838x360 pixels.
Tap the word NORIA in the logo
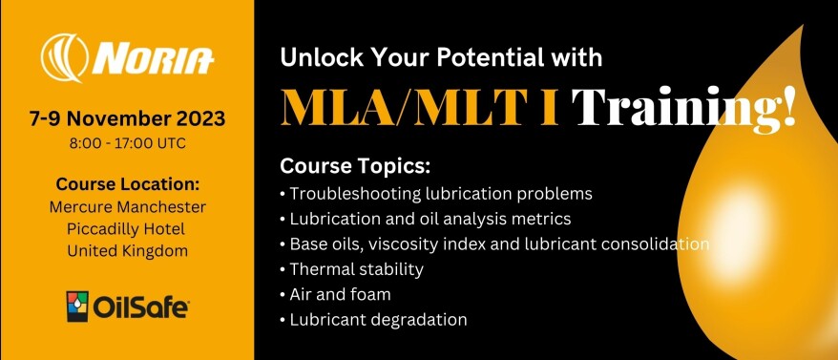pyautogui.click(x=153, y=59)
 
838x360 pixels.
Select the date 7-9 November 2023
pyautogui.click(x=127, y=119)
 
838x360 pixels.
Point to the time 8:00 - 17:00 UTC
pyautogui.click(x=127, y=143)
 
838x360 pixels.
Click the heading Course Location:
pyautogui.click(x=127, y=184)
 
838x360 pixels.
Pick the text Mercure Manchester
pyautogui.click(x=127, y=206)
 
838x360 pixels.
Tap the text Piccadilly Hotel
pyautogui.click(x=127, y=228)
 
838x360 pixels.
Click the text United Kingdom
pyautogui.click(x=127, y=250)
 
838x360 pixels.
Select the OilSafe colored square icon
pyautogui.click(x=77, y=307)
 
